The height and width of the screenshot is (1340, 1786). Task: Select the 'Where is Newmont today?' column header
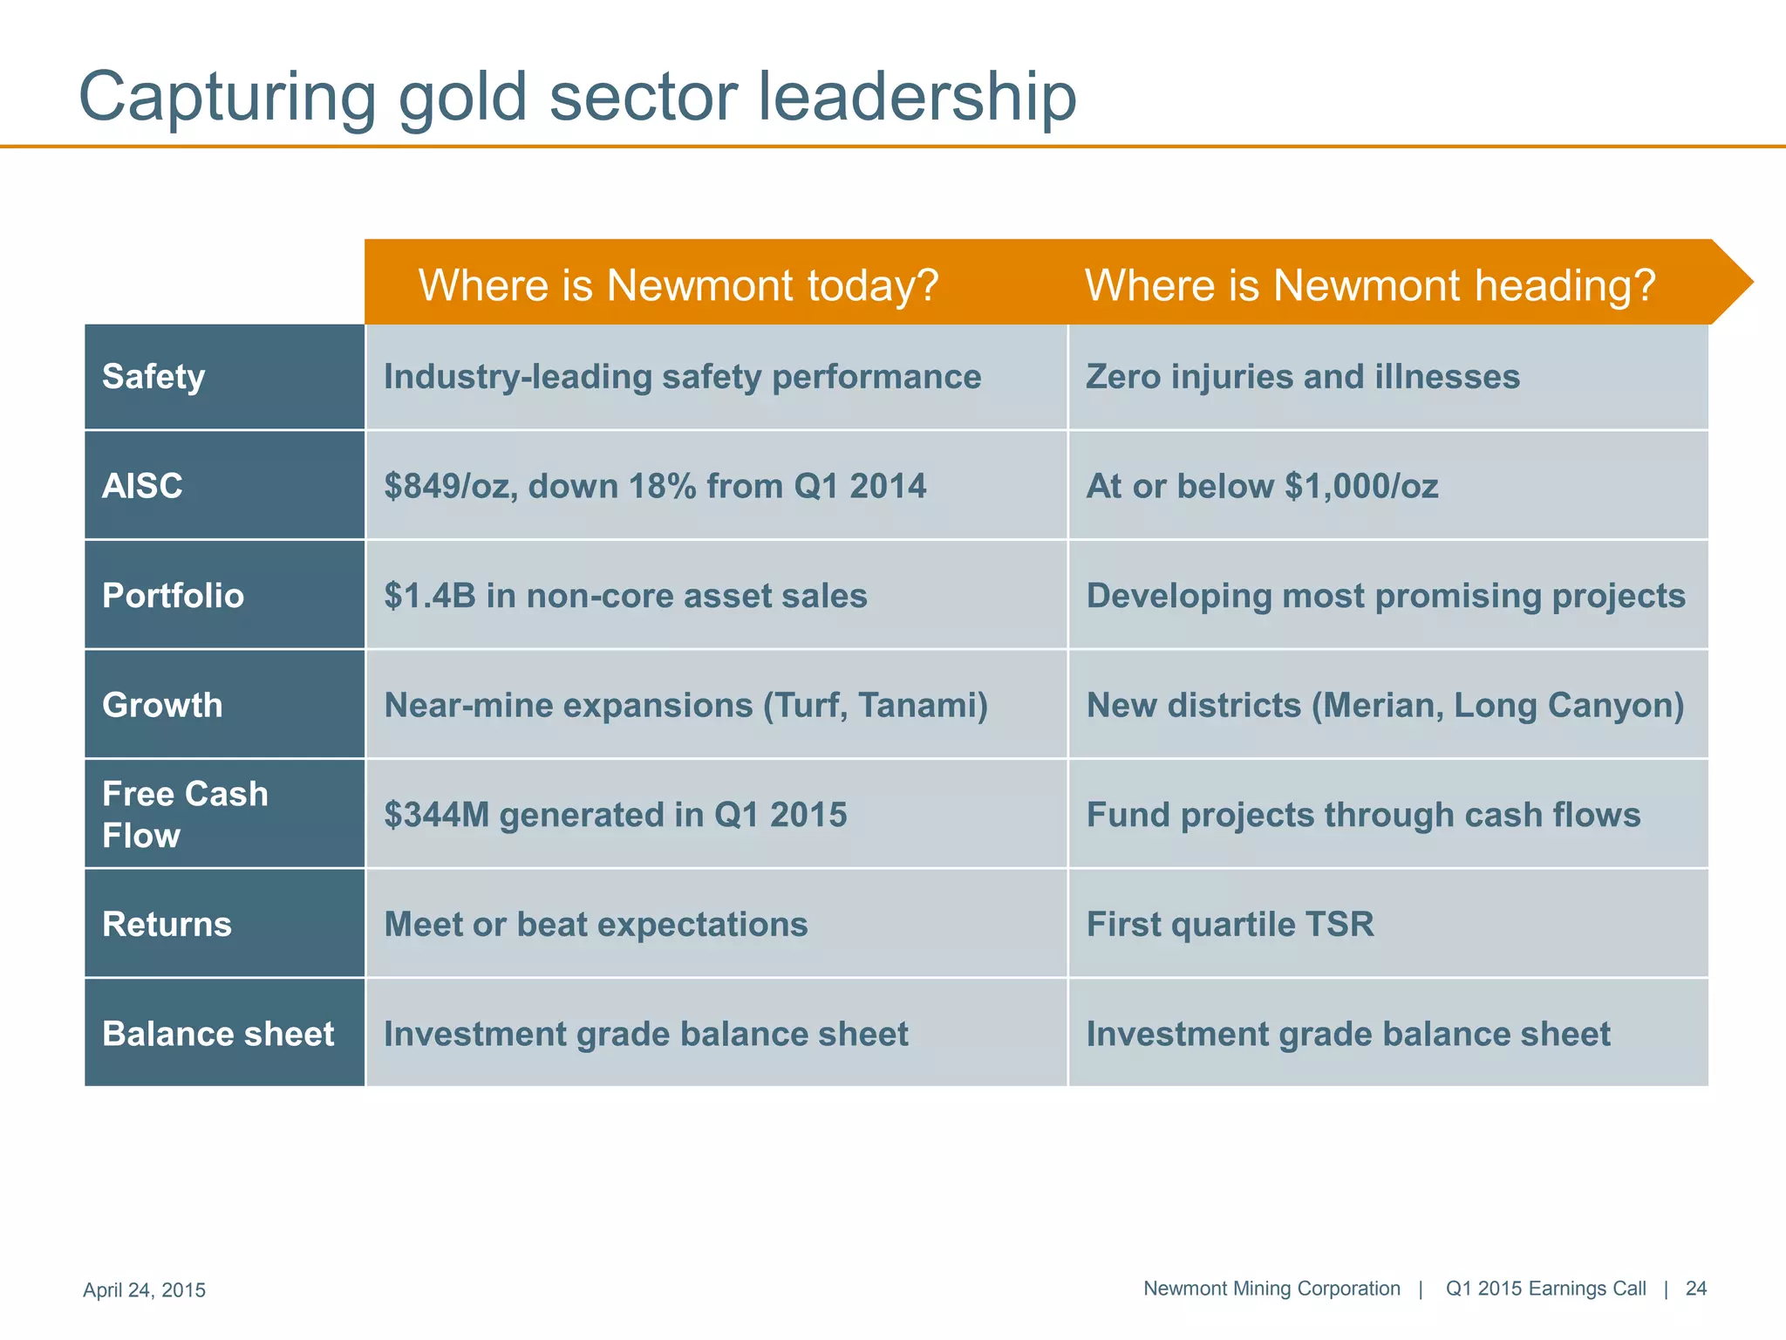point(678,285)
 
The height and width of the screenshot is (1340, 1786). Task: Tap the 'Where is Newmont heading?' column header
point(1369,285)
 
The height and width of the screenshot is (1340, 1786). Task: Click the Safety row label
point(153,377)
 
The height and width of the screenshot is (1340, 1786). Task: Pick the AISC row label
point(142,486)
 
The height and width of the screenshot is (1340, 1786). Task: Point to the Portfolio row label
point(173,596)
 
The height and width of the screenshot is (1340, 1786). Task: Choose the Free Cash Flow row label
point(185,814)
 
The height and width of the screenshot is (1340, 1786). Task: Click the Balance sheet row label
point(218,1034)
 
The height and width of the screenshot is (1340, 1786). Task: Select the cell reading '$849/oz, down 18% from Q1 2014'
point(655,486)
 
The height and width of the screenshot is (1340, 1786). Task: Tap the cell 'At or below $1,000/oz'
point(1262,486)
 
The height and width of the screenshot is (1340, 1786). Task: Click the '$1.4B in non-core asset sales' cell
point(625,596)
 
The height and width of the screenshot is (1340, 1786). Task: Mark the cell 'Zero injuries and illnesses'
point(1302,377)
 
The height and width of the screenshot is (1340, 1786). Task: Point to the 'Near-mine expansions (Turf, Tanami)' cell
point(685,705)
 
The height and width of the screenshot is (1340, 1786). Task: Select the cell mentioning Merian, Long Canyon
point(1385,705)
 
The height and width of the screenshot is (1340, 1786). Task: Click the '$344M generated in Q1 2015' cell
point(615,815)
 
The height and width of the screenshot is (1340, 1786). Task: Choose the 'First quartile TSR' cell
point(1230,924)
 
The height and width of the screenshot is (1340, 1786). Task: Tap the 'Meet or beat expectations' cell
point(596,924)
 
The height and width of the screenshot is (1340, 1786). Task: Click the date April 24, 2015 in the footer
point(144,1290)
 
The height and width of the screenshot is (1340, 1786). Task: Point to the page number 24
point(1695,1289)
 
